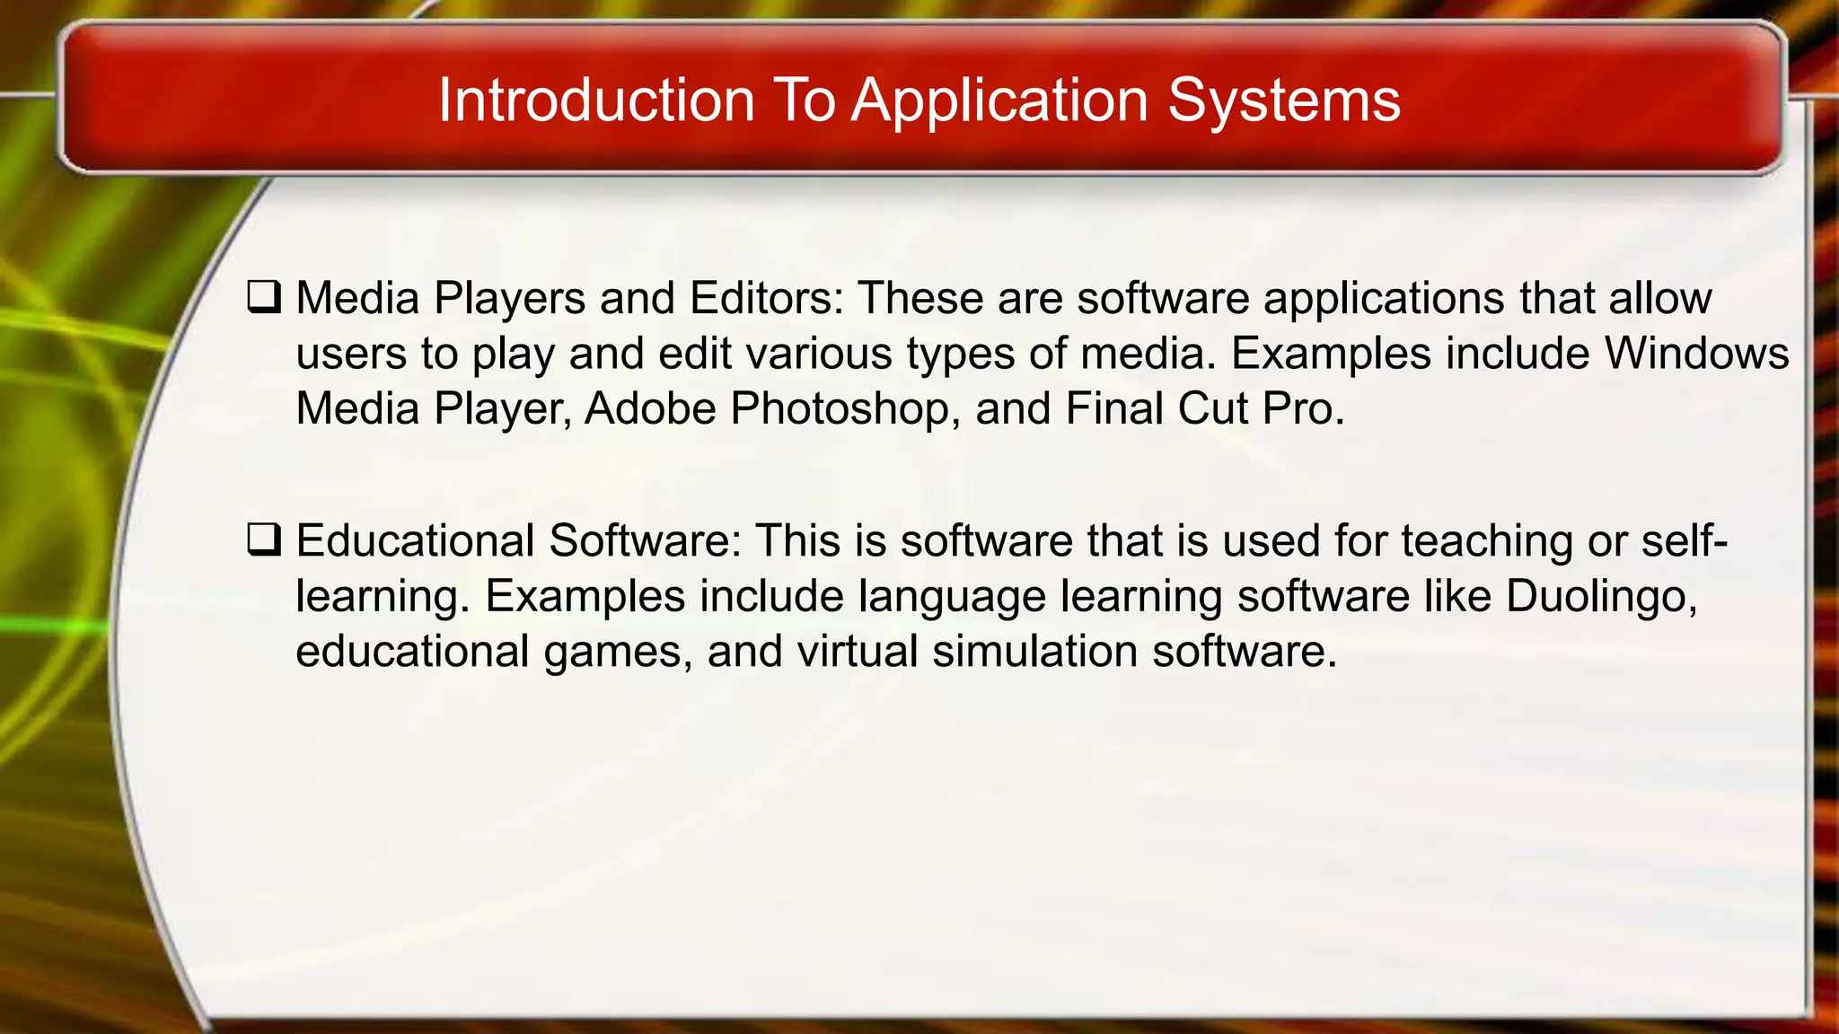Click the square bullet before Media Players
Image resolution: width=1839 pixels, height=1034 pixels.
264,297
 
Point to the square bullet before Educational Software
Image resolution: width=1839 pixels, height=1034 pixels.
264,540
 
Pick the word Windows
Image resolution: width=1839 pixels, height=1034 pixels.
1696,353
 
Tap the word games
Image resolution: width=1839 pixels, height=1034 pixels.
618,652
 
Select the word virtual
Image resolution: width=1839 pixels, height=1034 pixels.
857,652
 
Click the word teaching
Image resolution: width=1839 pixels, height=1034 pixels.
1486,541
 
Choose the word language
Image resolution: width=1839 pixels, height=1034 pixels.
952,596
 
